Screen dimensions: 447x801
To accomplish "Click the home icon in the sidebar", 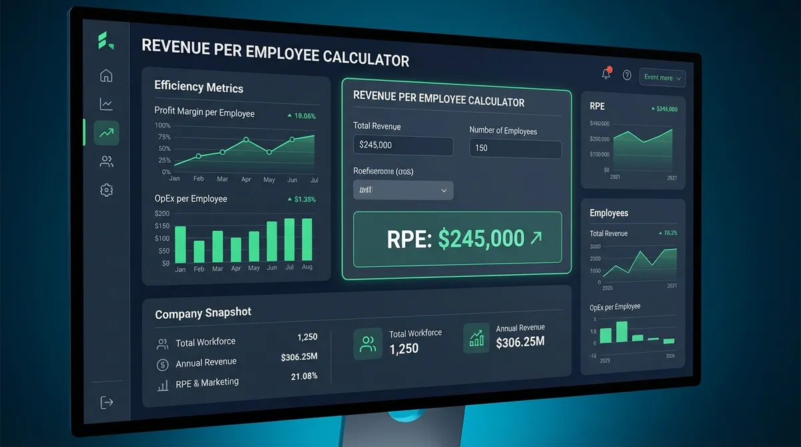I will (x=106, y=75).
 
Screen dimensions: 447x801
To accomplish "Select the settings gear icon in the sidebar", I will (x=106, y=190).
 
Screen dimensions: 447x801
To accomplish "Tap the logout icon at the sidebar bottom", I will (x=107, y=402).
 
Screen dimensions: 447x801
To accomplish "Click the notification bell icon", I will (x=606, y=74).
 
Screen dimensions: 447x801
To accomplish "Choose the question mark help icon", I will (x=627, y=75).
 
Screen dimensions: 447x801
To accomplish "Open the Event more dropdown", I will (x=661, y=78).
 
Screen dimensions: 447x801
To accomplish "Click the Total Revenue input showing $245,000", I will (x=403, y=145).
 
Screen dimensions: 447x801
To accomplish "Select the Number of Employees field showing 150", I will (x=515, y=148).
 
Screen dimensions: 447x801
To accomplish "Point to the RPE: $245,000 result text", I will (x=465, y=239).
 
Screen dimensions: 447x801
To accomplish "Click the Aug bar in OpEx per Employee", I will (x=307, y=240).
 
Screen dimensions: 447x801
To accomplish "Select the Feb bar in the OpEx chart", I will (x=199, y=251).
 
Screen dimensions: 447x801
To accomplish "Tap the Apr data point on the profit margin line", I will (x=246, y=140).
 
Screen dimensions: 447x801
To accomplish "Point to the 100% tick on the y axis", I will (x=163, y=125).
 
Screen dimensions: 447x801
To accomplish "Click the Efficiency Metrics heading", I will (x=198, y=87).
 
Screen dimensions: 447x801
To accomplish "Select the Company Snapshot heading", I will (x=203, y=314).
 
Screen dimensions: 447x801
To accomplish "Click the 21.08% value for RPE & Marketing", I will (x=304, y=376).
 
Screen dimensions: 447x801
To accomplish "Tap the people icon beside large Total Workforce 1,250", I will (x=367, y=344).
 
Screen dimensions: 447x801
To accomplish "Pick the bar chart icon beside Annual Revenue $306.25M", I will (x=477, y=339).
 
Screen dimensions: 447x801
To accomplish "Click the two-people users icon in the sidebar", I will (x=106, y=161).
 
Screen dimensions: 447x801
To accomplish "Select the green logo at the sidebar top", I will (x=105, y=41).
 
